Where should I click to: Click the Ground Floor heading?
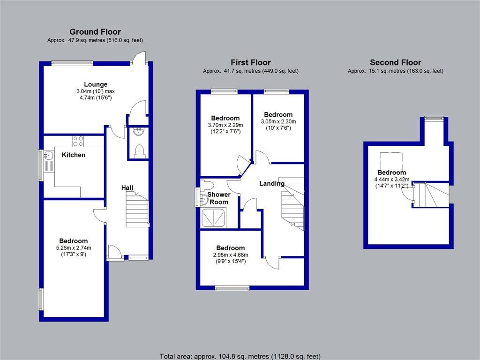(x=95, y=32)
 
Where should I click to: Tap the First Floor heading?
(x=250, y=62)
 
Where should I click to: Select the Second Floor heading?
(x=395, y=62)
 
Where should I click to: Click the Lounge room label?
(x=96, y=84)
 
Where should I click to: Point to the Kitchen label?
(x=74, y=155)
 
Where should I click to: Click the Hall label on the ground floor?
(x=127, y=187)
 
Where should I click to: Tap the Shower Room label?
(x=219, y=198)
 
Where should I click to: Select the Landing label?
(x=272, y=183)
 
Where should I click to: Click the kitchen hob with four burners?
(x=78, y=141)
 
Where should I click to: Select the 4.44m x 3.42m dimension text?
(x=391, y=179)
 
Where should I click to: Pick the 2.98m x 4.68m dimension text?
(x=230, y=255)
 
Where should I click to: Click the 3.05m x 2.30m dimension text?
(x=278, y=121)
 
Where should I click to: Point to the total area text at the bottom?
(x=240, y=356)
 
